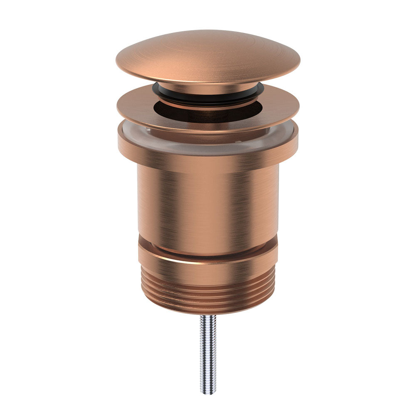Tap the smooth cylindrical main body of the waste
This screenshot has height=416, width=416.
tap(208, 204)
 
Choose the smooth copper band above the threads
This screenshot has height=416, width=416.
tap(208, 270)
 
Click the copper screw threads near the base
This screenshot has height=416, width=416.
tap(208, 293)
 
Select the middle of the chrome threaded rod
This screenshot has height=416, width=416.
tap(208, 354)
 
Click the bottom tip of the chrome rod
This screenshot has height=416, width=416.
tap(208, 392)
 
